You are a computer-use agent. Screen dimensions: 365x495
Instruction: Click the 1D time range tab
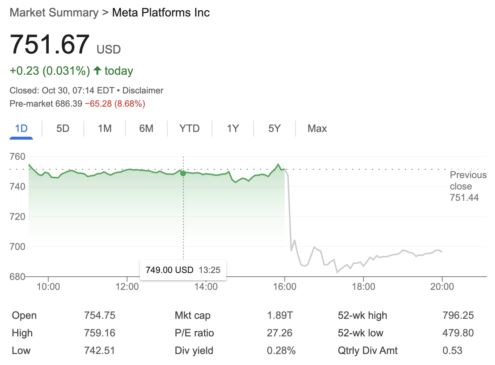(x=21, y=129)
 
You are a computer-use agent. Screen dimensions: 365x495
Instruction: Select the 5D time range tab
(x=63, y=129)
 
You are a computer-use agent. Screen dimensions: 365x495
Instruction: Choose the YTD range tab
(x=189, y=129)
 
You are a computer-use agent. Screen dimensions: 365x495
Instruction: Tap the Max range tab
(x=317, y=129)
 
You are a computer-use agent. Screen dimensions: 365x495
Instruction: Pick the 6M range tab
(x=146, y=129)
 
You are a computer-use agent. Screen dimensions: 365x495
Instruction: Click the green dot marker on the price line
(x=183, y=173)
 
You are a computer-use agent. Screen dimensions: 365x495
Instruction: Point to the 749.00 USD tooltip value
(x=169, y=270)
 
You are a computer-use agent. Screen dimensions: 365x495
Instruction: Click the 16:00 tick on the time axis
(x=284, y=286)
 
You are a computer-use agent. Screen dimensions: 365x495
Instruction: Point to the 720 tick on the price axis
(x=17, y=217)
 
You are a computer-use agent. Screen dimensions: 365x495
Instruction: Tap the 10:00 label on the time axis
(x=48, y=286)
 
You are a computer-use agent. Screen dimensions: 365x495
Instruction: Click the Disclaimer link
(x=143, y=91)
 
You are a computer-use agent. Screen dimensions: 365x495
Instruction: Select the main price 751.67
(x=50, y=45)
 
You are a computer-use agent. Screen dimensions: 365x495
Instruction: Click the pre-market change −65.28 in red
(x=98, y=104)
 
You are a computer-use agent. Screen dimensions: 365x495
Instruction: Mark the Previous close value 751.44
(x=464, y=198)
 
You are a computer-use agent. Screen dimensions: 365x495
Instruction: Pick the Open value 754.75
(x=100, y=315)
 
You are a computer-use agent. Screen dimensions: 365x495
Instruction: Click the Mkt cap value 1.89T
(x=280, y=315)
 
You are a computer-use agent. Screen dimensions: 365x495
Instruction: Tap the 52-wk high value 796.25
(x=458, y=315)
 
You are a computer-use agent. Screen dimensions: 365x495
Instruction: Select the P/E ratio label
(x=194, y=333)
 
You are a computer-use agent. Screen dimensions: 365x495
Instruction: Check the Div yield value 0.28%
(x=281, y=350)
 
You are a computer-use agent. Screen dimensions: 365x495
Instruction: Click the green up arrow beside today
(x=97, y=70)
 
